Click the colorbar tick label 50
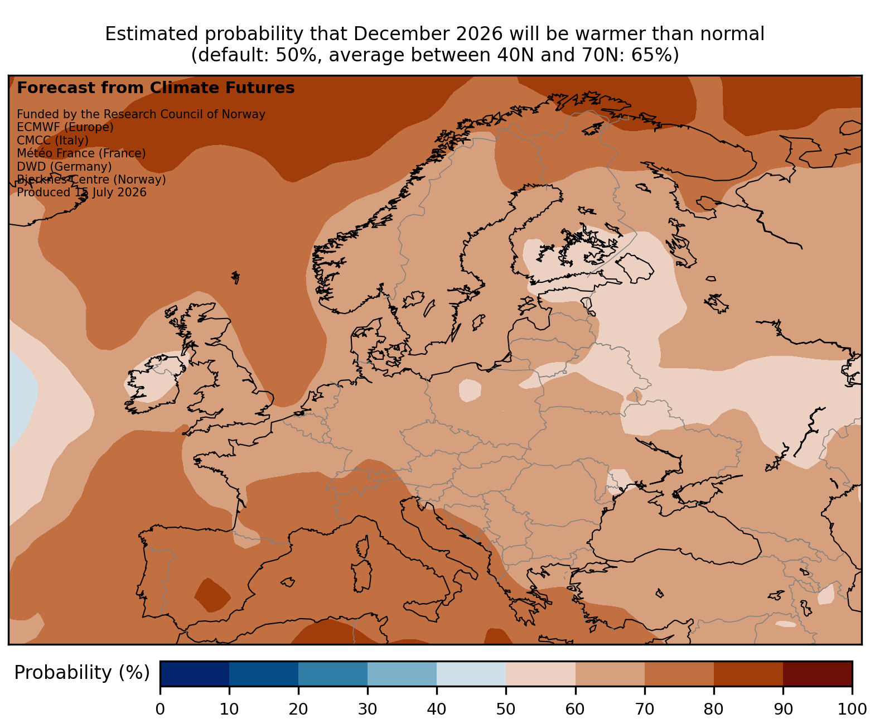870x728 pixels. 505,709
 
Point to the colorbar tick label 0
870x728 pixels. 160,709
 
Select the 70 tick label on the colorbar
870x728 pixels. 644,709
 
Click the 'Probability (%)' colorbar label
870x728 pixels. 82,673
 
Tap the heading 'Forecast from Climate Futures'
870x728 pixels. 156,88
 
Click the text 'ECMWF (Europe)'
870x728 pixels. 65,127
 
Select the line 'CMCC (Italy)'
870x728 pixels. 52,140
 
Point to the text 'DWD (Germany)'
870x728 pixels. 64,166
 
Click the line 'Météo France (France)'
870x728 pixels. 81,153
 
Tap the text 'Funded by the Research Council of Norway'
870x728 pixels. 141,114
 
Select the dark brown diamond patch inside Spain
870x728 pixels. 212,595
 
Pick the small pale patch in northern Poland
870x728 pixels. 470,390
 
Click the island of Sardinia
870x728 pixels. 361,576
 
